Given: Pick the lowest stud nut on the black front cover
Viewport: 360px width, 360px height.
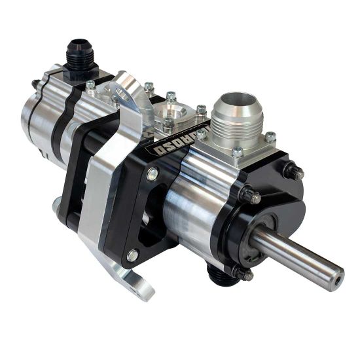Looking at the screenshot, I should (x=243, y=274).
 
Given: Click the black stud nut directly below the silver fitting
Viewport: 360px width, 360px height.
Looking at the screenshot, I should (x=250, y=195).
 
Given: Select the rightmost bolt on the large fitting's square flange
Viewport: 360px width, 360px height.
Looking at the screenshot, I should (x=270, y=137).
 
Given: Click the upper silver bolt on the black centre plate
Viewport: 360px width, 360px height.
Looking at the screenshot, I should (x=152, y=173).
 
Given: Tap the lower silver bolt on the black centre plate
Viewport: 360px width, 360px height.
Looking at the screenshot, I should (x=132, y=255).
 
